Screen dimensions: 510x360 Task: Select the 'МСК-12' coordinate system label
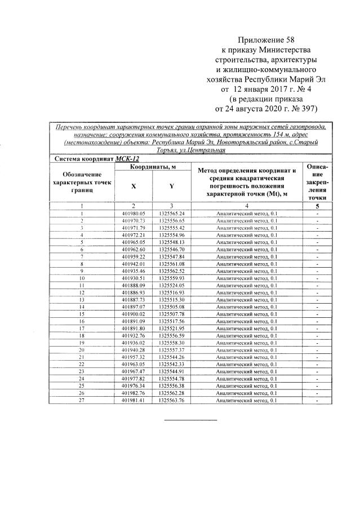tap(127, 159)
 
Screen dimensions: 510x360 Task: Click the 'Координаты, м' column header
tap(153, 167)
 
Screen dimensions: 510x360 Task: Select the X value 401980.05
tap(134, 214)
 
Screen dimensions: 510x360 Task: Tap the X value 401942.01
tap(134, 263)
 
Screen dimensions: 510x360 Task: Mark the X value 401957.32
tap(134, 357)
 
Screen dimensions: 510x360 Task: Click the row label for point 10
tap(82, 278)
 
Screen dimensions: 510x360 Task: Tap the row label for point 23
tap(82, 371)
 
